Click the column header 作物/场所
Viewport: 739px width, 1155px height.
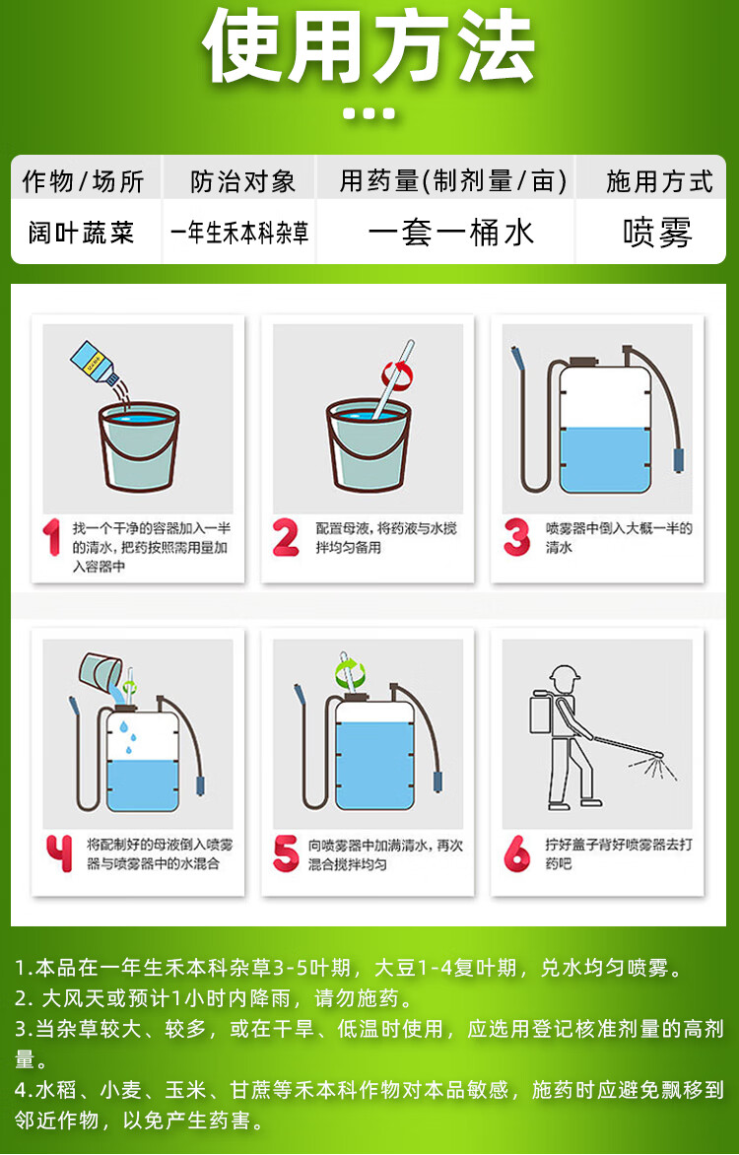[x=83, y=181]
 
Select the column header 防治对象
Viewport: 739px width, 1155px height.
[x=242, y=181]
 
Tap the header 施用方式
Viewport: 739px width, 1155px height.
[x=659, y=181]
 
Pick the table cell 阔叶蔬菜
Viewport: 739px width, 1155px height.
[x=82, y=233]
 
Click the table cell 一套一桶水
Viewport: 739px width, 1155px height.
[x=451, y=233]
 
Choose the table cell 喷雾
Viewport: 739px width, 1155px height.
[x=657, y=233]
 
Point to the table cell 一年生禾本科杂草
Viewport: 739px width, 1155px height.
[x=239, y=233]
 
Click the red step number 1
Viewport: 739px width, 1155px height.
[x=51, y=537]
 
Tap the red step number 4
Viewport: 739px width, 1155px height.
[x=59, y=853]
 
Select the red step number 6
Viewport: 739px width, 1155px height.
[x=517, y=853]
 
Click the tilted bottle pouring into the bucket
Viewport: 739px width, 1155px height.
[x=95, y=363]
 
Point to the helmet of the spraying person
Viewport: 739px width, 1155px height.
[x=565, y=674]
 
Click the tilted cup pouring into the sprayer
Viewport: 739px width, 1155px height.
[x=101, y=672]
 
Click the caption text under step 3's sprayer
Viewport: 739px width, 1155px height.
[x=619, y=538]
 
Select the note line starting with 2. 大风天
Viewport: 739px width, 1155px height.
[x=215, y=998]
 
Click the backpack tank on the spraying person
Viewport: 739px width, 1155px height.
[x=543, y=713]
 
